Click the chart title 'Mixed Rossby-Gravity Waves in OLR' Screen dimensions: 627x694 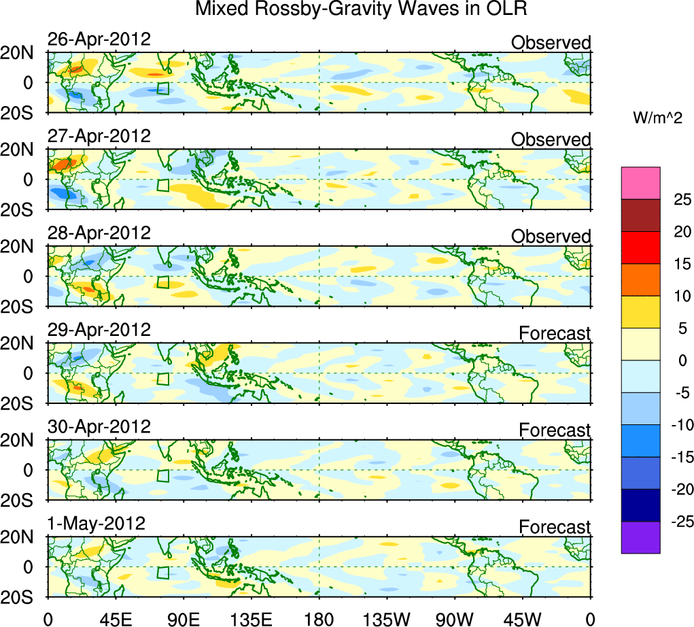pyautogui.click(x=361, y=10)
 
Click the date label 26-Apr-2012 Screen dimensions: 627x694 pyautogui.click(x=99, y=39)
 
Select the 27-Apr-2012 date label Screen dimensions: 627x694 pyautogui.click(x=99, y=135)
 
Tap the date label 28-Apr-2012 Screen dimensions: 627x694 pyautogui.click(x=99, y=233)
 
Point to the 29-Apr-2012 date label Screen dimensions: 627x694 pyautogui.click(x=99, y=330)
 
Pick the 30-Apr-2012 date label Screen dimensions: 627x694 pyautogui.click(x=99, y=427)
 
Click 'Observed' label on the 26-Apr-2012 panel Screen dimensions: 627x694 pyautogui.click(x=551, y=43)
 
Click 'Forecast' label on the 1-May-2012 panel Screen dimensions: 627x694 pyautogui.click(x=555, y=527)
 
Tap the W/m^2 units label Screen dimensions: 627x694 pyautogui.click(x=657, y=118)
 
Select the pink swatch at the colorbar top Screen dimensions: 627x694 pyautogui.click(x=640, y=183)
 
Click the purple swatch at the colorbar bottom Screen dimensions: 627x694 pyautogui.click(x=640, y=537)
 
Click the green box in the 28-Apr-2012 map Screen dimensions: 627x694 pyautogui.click(x=162, y=282)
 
